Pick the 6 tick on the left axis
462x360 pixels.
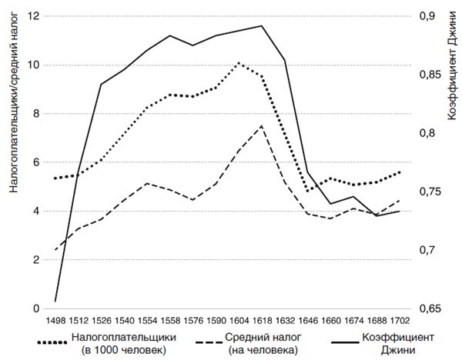click(36, 162)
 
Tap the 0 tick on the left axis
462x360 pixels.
click(36, 309)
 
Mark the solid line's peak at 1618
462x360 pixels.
click(263, 26)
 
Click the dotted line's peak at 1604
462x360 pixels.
click(239, 63)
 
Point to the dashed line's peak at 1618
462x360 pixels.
click(263, 125)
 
